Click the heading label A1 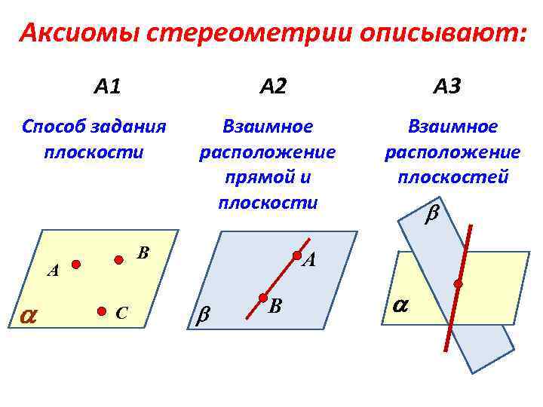tap(107, 87)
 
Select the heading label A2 tap(272, 87)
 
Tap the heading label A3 tap(446, 87)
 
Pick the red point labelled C tap(102, 310)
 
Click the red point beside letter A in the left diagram tap(76, 264)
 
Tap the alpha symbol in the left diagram tap(28, 317)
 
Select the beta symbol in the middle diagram tap(203, 317)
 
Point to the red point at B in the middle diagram tap(263, 298)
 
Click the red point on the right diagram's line tap(458, 283)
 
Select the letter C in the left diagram tap(121, 312)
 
